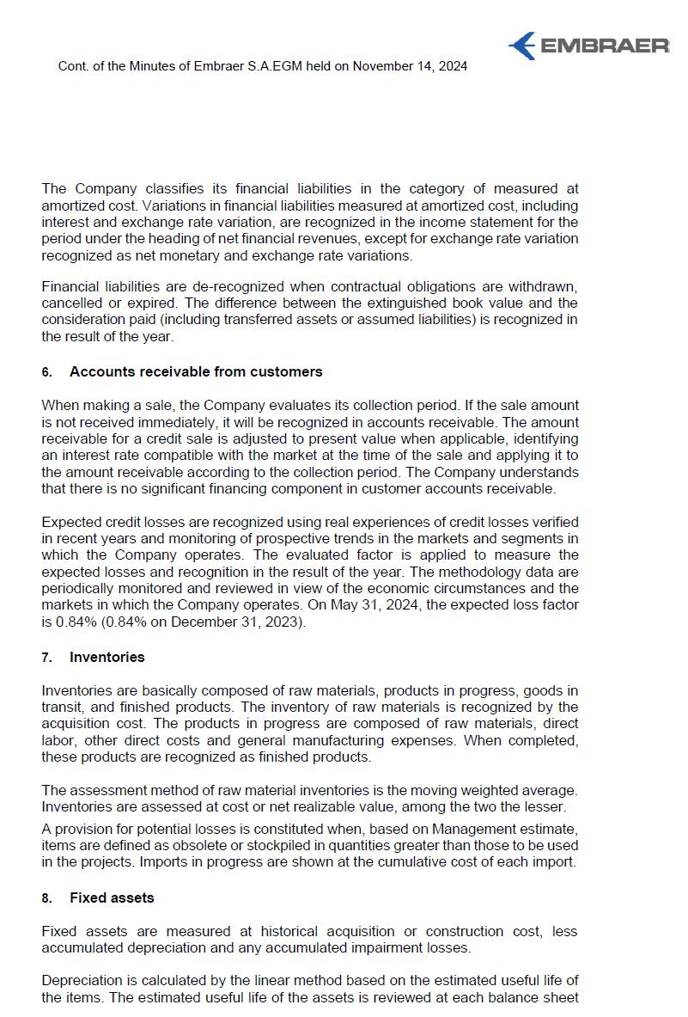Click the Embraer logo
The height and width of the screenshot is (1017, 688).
coord(588,45)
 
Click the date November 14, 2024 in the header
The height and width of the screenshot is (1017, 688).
coord(410,66)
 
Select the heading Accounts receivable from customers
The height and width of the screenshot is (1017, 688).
coord(196,371)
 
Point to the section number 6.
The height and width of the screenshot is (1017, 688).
coord(46,372)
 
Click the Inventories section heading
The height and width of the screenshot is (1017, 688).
coord(107,657)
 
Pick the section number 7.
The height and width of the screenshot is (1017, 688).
coord(46,658)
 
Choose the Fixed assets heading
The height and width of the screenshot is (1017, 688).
coord(112,898)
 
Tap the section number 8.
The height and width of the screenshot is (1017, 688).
coord(46,898)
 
